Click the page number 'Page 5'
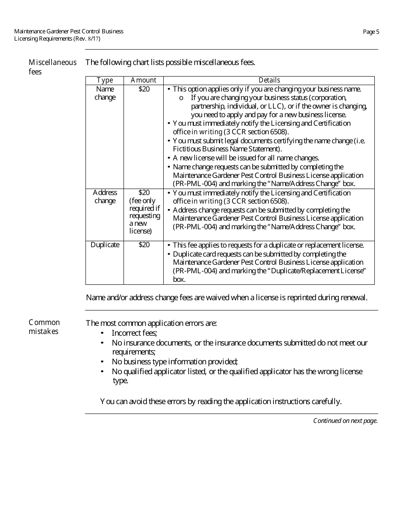[371, 32]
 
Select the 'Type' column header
[105, 80]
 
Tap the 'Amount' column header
[144, 80]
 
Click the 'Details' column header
[269, 80]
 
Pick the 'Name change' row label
[105, 93]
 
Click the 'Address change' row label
[105, 197]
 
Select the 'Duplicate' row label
[105, 245]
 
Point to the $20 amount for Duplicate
[144, 245]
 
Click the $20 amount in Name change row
[144, 89]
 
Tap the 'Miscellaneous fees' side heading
[52, 67]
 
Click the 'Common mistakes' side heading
[44, 327]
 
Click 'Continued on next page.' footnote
[345, 421]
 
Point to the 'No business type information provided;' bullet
[175, 362]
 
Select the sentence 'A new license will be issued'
[246, 158]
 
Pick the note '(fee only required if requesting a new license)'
[144, 216]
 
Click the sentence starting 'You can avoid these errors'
[221, 402]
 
